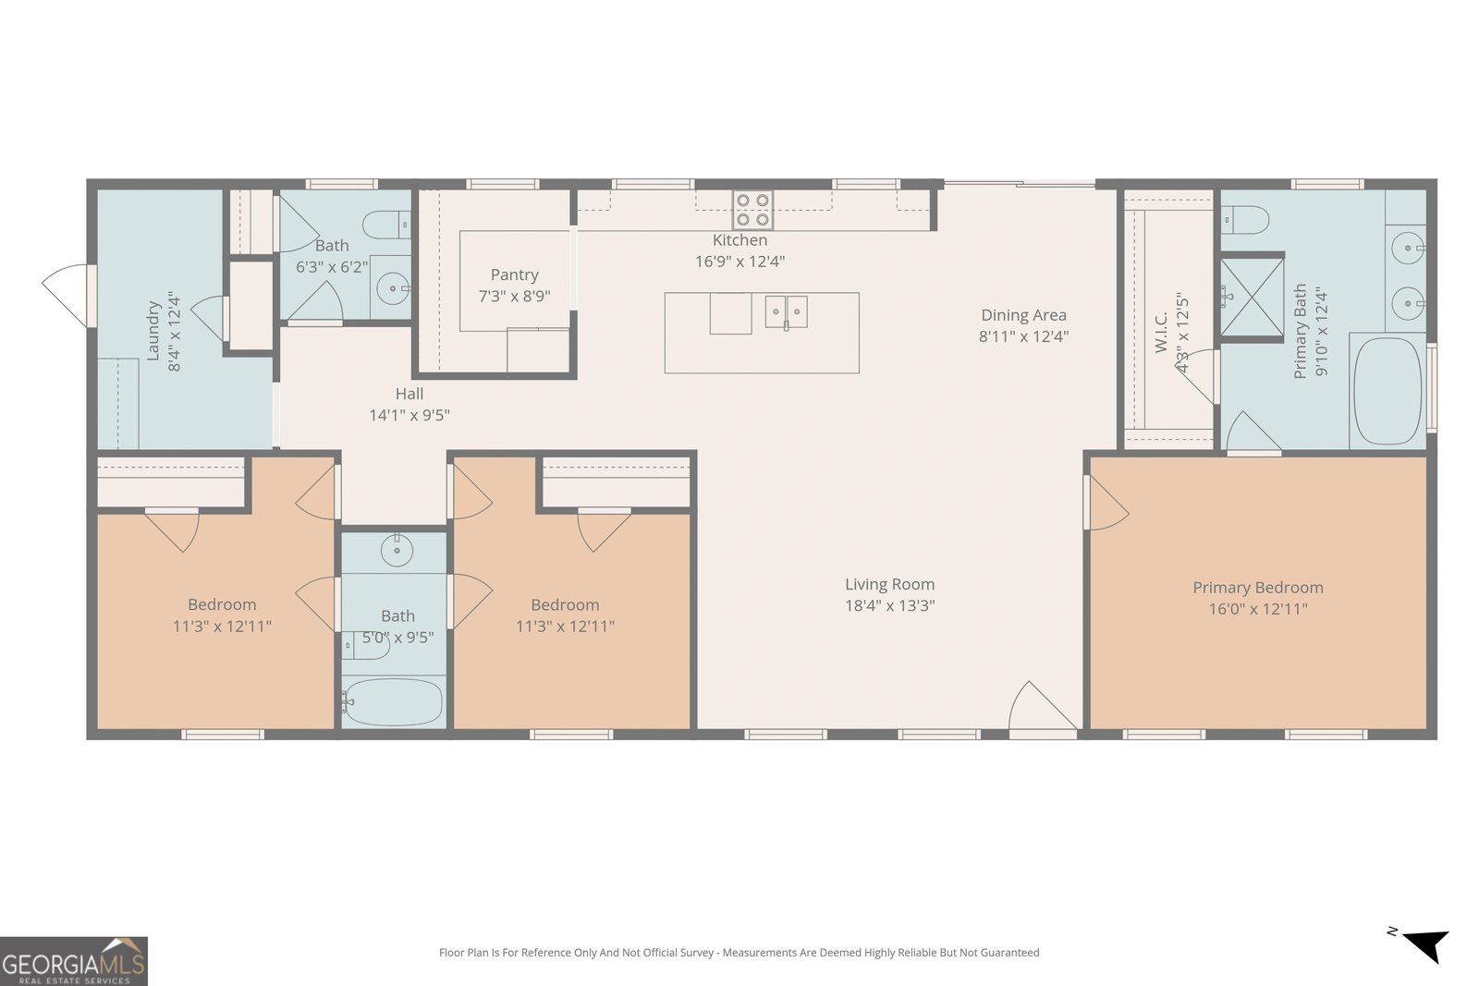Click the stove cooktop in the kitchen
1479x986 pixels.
coord(752,210)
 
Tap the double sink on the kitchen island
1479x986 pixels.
coord(786,312)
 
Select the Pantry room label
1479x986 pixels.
coord(514,274)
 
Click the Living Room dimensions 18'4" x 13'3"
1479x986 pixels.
coord(890,605)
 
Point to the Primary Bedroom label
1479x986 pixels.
coord(1258,588)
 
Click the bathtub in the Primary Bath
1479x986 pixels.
coord(1387,391)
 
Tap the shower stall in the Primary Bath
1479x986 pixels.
coord(1252,297)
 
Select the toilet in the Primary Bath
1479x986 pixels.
coord(1244,220)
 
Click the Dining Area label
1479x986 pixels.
coord(1023,315)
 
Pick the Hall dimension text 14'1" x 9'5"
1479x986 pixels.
coord(409,415)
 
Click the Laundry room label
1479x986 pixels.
coord(153,331)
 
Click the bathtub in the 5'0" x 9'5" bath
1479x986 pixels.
coord(393,701)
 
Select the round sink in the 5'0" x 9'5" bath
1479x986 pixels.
coord(397,550)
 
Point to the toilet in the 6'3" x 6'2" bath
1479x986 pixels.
coord(387,225)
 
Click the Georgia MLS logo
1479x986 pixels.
coord(73,961)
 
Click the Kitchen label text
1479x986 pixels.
coord(739,240)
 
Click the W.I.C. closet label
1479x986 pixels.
coord(1161,333)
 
